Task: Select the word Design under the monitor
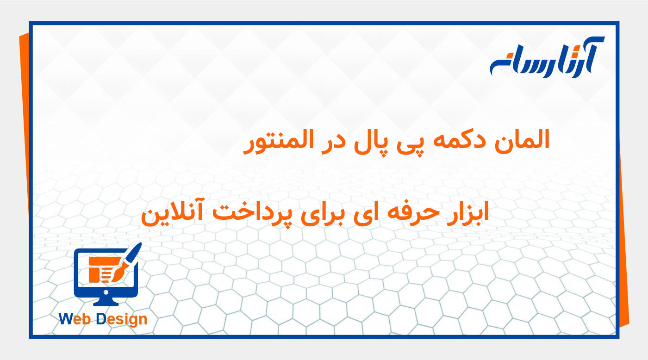tap(121, 319)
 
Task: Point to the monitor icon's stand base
tap(106, 303)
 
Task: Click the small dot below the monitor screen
tap(106, 292)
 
